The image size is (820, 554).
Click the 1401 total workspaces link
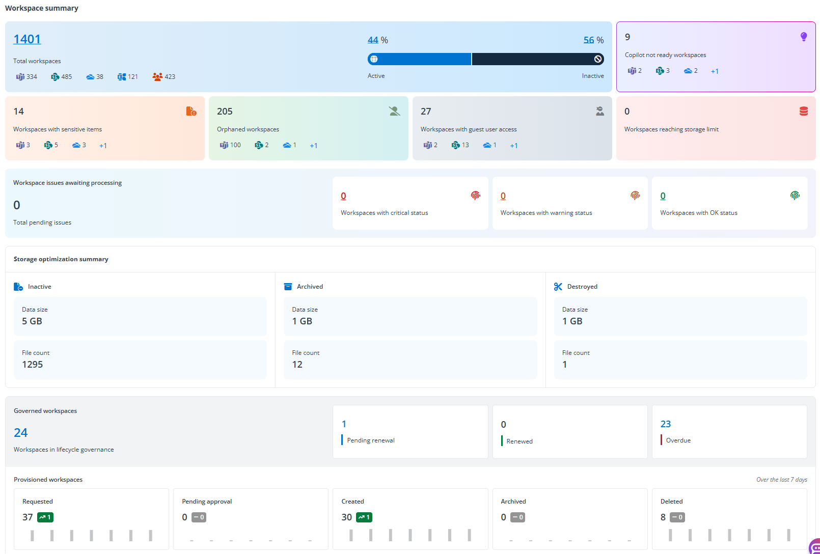point(27,39)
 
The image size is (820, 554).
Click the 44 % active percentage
point(373,40)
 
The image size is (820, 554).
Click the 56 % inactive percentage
point(589,40)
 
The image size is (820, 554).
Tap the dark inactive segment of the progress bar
point(535,59)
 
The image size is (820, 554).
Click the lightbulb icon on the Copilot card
point(804,37)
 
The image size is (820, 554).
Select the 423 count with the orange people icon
point(164,77)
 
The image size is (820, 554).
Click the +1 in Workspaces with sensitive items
point(103,146)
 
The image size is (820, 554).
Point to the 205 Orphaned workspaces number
point(225,112)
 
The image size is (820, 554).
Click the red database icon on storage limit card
point(804,111)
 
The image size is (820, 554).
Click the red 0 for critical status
point(343,196)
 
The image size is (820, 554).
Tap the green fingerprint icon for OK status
point(795,196)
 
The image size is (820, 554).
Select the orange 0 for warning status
point(503,196)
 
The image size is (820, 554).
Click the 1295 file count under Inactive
point(33,365)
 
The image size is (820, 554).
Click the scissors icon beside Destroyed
point(558,287)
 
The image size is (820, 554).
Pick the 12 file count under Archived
point(297,365)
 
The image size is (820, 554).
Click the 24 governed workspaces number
point(21,433)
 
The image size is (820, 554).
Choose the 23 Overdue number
point(666,424)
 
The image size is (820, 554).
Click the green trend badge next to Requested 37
point(45,517)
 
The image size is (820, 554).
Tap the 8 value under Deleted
point(663,517)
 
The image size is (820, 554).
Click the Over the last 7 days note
point(781,480)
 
